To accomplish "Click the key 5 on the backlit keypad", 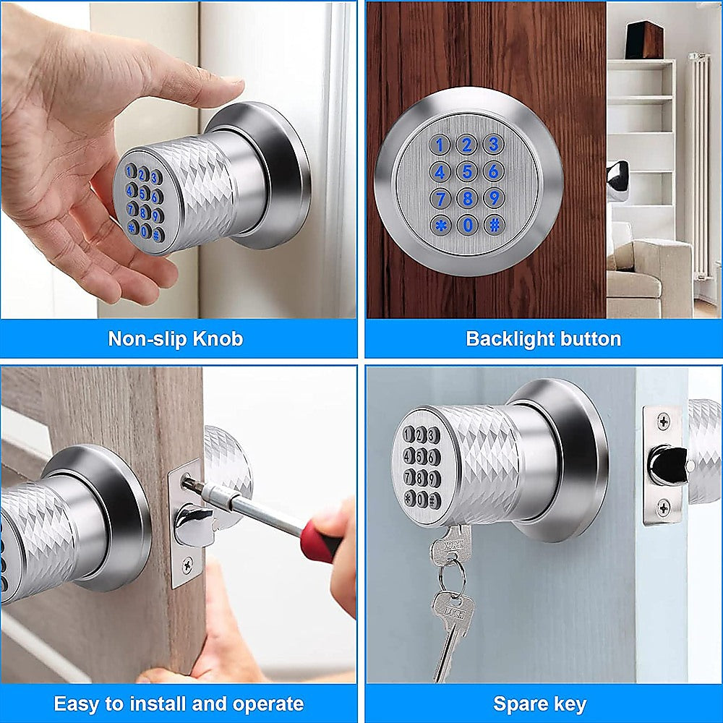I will pyautogui.click(x=467, y=172).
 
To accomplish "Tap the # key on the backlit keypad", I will pyautogui.click(x=494, y=224).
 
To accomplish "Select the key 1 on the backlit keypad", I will pyautogui.click(x=440, y=145).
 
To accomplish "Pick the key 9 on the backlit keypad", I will pyautogui.click(x=494, y=197).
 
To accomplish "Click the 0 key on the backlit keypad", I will pyautogui.click(x=467, y=225).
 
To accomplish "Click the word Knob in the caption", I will pyautogui.click(x=218, y=338).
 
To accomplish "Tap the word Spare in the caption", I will pyautogui.click(x=516, y=703).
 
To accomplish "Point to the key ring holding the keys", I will pyautogui.click(x=452, y=575).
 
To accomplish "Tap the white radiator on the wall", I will pyautogui.click(x=698, y=166).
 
